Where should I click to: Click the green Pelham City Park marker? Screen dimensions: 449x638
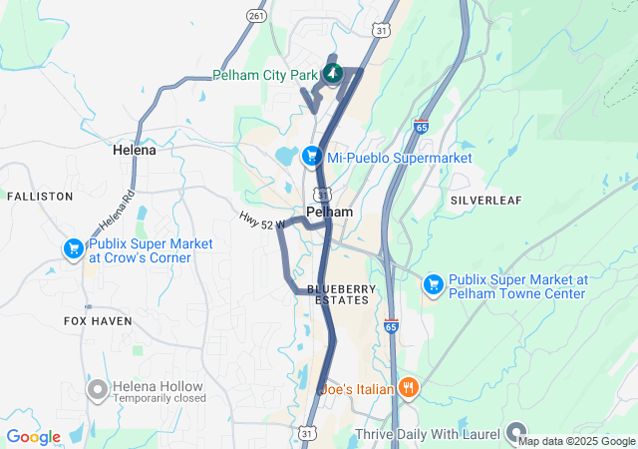point(331,74)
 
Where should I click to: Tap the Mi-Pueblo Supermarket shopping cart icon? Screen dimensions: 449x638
point(312,157)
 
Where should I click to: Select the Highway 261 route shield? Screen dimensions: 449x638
point(256,16)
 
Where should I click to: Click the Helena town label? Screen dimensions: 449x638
point(134,150)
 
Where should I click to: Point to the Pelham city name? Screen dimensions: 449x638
point(329,213)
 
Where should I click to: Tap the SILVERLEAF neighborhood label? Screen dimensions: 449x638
point(485,200)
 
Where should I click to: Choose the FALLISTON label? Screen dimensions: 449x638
point(40,197)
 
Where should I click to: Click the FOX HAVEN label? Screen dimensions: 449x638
point(98,321)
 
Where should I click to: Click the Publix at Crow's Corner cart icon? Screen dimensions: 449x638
point(73,249)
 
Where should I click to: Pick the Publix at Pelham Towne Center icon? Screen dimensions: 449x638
point(433,285)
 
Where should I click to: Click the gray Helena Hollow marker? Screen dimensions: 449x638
point(98,389)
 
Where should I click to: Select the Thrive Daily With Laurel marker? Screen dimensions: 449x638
point(515,432)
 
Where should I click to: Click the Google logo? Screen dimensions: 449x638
point(33,437)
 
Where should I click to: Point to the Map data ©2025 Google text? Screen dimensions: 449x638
point(576,441)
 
